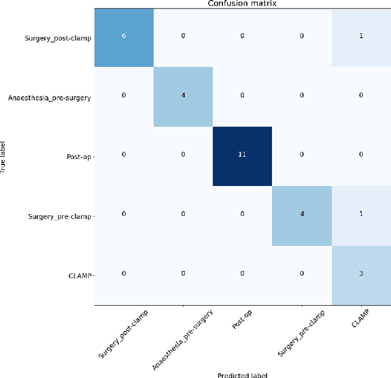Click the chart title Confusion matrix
242,4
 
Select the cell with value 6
123,37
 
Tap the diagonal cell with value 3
360,274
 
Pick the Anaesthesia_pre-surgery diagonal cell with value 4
183,96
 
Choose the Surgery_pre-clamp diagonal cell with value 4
301,215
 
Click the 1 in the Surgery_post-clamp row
360,37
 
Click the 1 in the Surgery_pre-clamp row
360,215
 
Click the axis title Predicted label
242,374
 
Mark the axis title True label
4,155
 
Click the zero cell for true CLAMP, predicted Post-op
242,274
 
